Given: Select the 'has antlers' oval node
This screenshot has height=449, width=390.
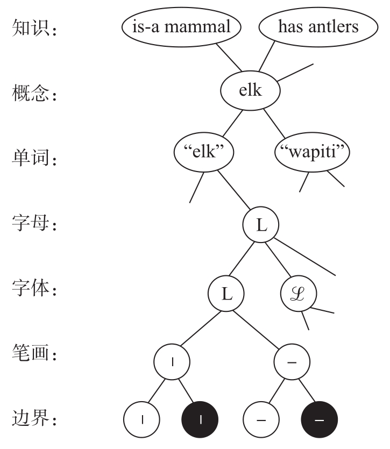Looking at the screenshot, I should tap(318, 27).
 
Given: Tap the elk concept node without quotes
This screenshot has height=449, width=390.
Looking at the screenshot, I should tap(251, 91).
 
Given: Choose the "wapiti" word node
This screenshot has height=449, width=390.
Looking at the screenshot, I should tap(312, 152).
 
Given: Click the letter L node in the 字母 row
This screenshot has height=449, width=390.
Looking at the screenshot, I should tap(261, 225).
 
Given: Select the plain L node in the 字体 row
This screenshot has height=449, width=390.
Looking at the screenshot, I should tap(226, 294).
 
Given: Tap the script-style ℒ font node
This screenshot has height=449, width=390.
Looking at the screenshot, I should tap(299, 294).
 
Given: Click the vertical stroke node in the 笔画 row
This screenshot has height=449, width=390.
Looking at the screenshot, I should tap(173, 362).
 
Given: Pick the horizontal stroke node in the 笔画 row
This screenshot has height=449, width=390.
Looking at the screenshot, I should tap(292, 362).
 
